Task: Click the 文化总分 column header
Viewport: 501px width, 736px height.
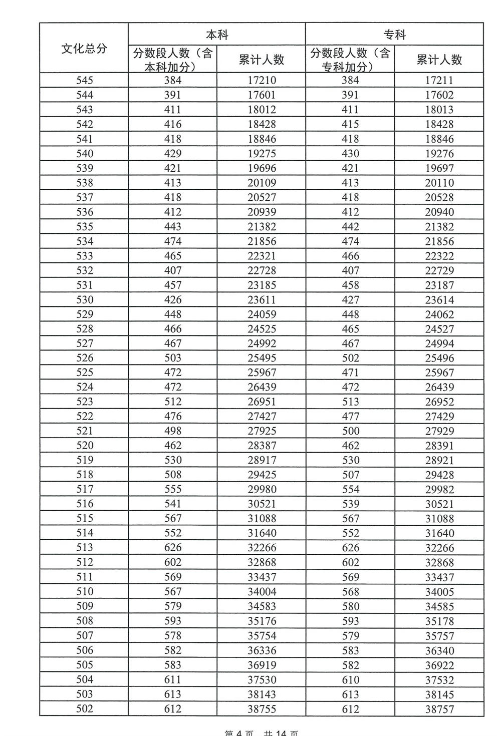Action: point(84,48)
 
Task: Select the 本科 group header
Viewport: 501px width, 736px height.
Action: point(217,35)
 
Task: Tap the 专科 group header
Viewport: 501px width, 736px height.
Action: point(395,35)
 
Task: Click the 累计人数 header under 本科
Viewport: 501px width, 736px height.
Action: point(262,60)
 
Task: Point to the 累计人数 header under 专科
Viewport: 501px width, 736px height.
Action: point(439,60)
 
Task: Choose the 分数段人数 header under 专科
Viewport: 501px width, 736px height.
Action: point(350,60)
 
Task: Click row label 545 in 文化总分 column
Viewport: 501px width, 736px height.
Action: point(84,80)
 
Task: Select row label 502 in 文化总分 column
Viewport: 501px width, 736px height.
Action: point(84,709)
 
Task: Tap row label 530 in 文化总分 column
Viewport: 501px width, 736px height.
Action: point(84,299)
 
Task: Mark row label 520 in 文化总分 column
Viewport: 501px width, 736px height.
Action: point(84,446)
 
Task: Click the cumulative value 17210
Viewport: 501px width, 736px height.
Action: point(262,80)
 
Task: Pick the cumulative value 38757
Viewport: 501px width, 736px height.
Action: point(439,709)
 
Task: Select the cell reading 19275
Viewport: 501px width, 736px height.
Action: point(262,153)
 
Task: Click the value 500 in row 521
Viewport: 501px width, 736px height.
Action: point(350,431)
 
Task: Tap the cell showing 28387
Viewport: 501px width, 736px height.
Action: point(262,446)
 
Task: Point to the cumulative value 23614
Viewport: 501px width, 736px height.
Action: point(439,299)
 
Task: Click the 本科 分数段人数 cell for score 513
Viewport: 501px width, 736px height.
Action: point(173,548)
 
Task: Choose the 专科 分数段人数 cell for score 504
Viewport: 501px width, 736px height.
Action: point(350,679)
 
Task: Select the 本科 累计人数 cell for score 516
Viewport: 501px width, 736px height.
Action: point(262,504)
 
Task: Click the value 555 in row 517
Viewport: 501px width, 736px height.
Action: point(173,489)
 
